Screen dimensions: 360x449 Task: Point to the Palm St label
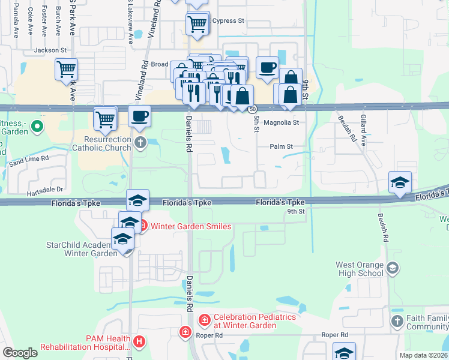pyautogui.click(x=281, y=146)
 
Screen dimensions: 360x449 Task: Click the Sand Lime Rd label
pyautogui.click(x=28, y=160)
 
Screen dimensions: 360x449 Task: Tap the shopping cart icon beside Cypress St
pyautogui.click(x=197, y=24)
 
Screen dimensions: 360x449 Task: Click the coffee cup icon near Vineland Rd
pyautogui.click(x=140, y=116)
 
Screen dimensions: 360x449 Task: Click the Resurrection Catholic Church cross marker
pyautogui.click(x=140, y=142)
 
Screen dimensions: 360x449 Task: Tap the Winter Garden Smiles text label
pyautogui.click(x=191, y=226)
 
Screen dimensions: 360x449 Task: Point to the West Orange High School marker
pyautogui.click(x=393, y=267)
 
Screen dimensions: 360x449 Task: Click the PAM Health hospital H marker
pyautogui.click(x=139, y=342)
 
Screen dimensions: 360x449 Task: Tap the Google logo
pyautogui.click(x=20, y=353)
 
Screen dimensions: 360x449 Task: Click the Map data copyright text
pyautogui.click(x=423, y=355)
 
